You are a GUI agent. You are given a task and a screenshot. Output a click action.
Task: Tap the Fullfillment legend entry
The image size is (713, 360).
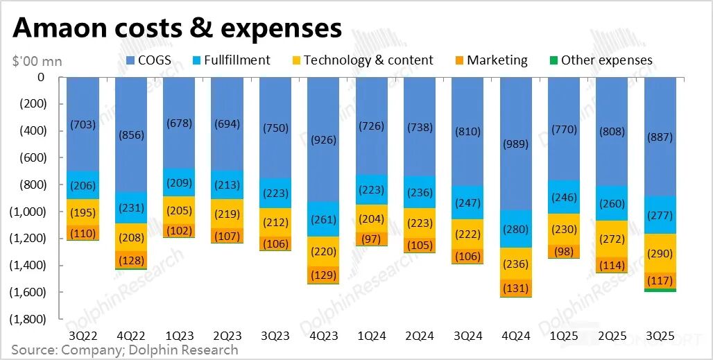[229, 60]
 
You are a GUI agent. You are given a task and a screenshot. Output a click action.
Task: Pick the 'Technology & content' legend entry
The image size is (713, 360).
[361, 60]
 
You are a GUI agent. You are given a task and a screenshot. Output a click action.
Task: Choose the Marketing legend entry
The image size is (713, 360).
[490, 60]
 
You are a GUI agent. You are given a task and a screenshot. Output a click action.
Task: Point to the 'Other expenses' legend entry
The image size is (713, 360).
[599, 60]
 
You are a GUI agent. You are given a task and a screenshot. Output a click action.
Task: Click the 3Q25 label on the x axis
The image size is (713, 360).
[659, 336]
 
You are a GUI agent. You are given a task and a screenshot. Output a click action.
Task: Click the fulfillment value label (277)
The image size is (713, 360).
[659, 216]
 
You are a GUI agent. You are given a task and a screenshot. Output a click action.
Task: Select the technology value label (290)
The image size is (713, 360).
[659, 254]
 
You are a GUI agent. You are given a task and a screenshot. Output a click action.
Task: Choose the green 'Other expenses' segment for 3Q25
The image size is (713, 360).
[659, 290]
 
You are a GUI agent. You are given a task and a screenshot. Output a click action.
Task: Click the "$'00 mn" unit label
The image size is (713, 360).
[37, 62]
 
